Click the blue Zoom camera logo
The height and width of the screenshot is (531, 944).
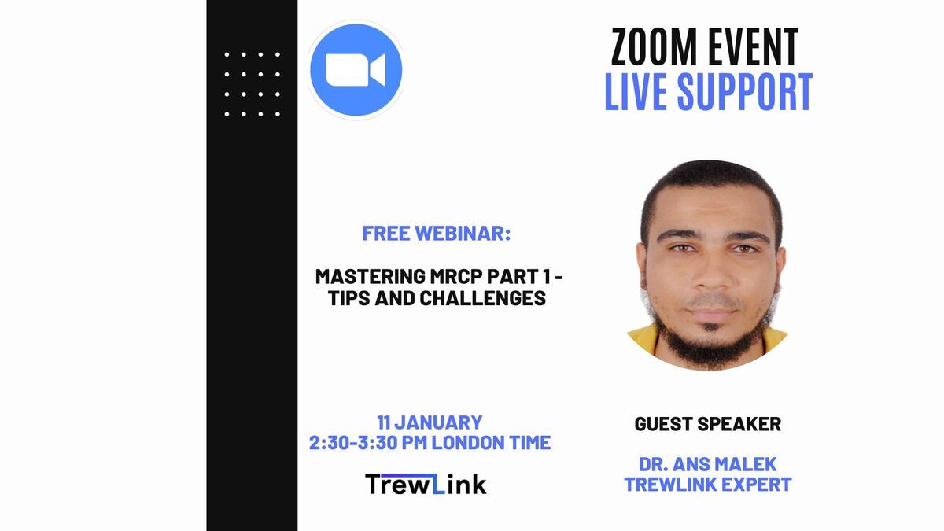[x=356, y=70]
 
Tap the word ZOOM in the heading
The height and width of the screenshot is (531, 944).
[x=654, y=46]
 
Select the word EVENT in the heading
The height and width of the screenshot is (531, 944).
[x=753, y=46]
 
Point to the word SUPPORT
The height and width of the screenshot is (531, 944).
[x=745, y=92]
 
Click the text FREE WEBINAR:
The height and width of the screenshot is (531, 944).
[x=437, y=234]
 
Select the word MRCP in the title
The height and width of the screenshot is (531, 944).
[x=456, y=277]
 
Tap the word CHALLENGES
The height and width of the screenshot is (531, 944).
[x=482, y=298]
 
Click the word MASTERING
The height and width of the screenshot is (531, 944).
[x=371, y=277]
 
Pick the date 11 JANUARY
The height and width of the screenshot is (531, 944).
[x=430, y=422]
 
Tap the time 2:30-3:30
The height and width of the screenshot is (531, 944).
[x=353, y=442]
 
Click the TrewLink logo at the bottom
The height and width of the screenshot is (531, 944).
[x=426, y=484]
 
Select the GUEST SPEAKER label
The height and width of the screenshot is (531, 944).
[x=707, y=424]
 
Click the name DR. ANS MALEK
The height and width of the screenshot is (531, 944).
[x=707, y=464]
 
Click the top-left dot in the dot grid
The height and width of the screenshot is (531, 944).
[x=227, y=54]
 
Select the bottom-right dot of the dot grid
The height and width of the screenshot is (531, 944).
[x=277, y=114]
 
